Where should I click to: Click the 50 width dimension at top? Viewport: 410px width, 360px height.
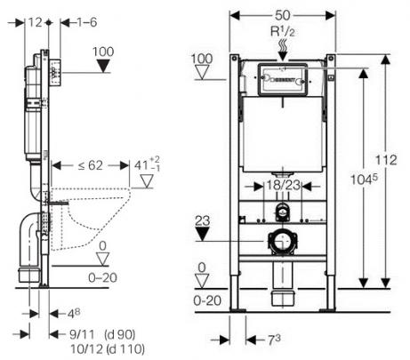(x=282, y=15)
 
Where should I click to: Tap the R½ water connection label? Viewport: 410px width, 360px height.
(x=283, y=32)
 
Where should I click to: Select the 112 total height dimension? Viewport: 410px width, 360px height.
(x=386, y=160)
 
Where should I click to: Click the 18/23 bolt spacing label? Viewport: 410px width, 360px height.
(x=284, y=186)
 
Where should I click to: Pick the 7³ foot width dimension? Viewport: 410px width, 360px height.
(x=274, y=340)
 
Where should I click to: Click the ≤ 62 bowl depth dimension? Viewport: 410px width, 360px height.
(x=91, y=165)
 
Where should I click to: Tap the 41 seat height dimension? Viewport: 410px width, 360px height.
(x=147, y=164)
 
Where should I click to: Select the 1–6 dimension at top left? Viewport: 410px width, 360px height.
(x=87, y=22)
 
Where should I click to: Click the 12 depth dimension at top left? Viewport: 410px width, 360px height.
(x=36, y=22)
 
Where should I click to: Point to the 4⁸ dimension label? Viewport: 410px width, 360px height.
(x=74, y=314)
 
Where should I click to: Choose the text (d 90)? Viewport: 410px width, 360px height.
(x=120, y=334)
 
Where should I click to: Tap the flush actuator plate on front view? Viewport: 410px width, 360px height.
(x=283, y=80)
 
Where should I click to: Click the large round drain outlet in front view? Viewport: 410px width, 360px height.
(x=283, y=241)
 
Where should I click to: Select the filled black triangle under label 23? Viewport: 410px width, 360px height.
(x=203, y=234)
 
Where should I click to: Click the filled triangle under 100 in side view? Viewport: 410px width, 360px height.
(x=103, y=66)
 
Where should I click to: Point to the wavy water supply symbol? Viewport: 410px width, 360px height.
(x=283, y=44)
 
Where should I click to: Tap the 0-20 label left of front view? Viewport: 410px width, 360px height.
(x=207, y=300)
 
